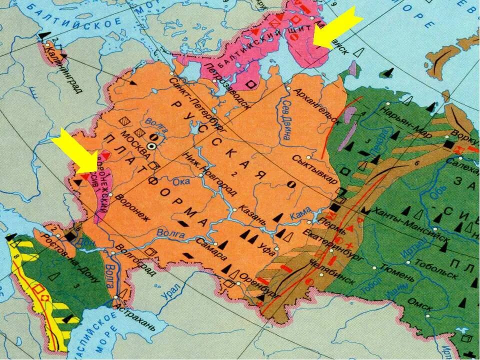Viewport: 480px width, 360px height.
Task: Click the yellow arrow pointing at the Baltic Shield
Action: tap(335, 30)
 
